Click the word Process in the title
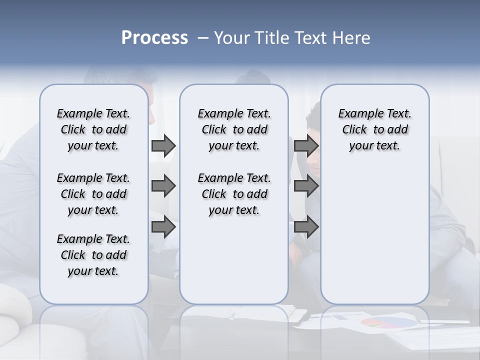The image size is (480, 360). (154, 37)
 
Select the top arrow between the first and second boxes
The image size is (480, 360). (163, 145)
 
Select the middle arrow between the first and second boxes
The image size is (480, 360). (163, 186)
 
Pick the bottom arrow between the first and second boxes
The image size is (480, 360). (163, 227)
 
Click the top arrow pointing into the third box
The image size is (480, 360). (306, 145)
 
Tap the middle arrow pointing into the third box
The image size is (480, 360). (306, 186)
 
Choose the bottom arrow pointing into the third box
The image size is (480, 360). (306, 227)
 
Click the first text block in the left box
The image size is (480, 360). (93, 129)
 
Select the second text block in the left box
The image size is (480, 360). (93, 194)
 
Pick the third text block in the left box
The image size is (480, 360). (93, 255)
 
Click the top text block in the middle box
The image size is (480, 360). (234, 129)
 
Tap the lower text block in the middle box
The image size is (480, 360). (234, 194)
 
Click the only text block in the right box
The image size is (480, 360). (374, 129)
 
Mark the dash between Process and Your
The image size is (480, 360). (203, 38)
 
